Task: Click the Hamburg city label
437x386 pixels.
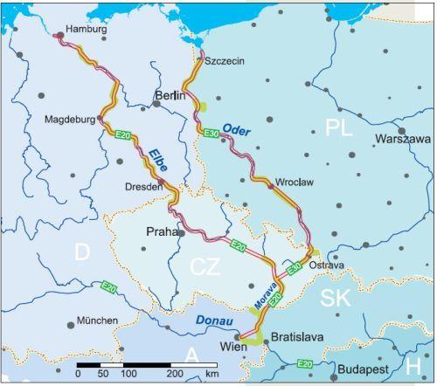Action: tap(86, 29)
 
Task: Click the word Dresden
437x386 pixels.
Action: tap(144, 187)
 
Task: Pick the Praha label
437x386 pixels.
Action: tap(161, 232)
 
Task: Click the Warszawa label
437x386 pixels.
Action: tap(403, 139)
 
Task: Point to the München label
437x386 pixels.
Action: tap(97, 321)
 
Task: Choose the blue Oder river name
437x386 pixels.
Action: tap(237, 129)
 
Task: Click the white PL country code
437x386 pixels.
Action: tap(338, 128)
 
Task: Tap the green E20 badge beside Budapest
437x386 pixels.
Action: tap(305, 364)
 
